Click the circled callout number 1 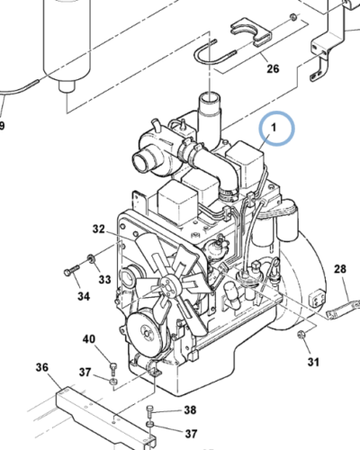point(277,129)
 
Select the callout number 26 point(273,68)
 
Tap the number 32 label point(98,229)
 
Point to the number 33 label point(104,280)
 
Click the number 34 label point(82,295)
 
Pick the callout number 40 point(88,338)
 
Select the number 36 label point(41,366)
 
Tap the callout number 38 point(190,409)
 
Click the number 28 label point(339,269)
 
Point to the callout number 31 point(312,362)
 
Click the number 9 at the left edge point(3,125)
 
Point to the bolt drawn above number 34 point(71,270)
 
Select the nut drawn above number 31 point(303,337)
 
